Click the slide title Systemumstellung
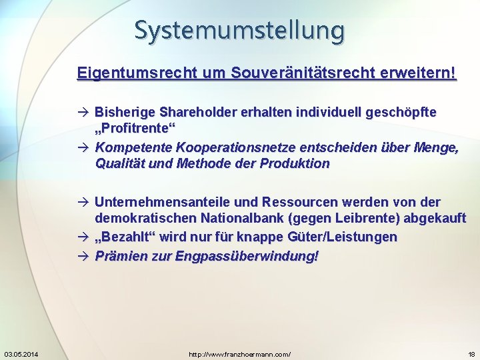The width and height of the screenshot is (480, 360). point(239,30)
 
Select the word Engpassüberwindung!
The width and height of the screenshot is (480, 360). point(247,255)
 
